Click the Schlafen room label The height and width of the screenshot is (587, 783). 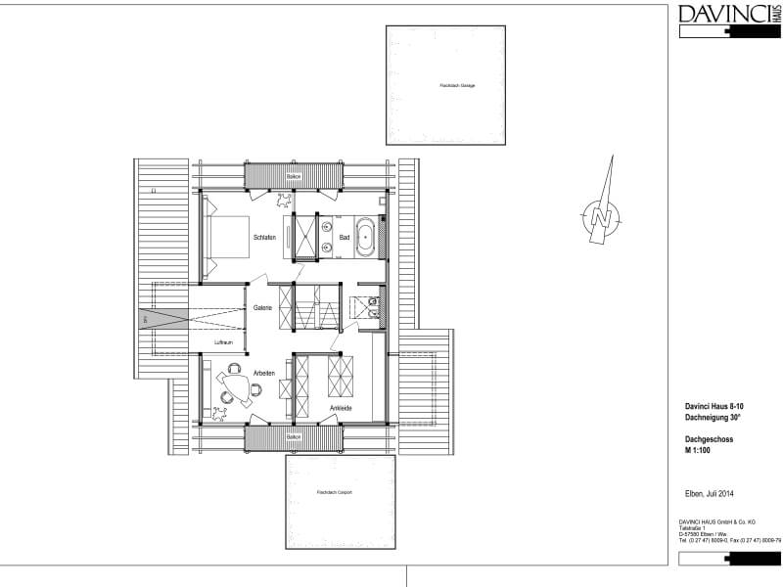[263, 238]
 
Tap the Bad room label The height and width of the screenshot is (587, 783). [345, 238]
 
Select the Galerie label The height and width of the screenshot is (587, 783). [262, 308]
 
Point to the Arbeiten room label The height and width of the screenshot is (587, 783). [263, 373]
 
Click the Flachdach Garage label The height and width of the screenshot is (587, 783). [457, 86]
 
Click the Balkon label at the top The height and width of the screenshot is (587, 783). [293, 176]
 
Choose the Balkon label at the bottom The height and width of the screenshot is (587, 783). [293, 437]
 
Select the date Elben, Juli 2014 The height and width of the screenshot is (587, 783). [710, 493]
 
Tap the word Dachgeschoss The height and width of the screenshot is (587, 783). [709, 440]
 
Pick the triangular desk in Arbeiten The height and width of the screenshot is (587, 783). [236, 384]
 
